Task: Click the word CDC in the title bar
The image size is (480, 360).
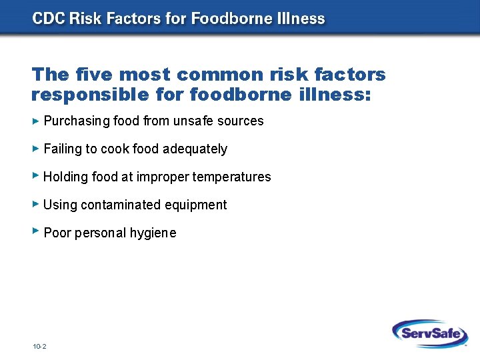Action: (48, 18)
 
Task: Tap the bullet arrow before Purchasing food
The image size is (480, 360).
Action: (36, 121)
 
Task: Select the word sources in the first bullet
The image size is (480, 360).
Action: (243, 121)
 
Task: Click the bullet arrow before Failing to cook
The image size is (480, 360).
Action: (36, 148)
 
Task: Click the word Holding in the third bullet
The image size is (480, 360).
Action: (63, 177)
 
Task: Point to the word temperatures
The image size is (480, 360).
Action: (232, 177)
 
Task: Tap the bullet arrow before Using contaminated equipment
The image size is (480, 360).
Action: (36, 204)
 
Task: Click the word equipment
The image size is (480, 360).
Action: (195, 205)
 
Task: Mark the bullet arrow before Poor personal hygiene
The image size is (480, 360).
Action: (36, 231)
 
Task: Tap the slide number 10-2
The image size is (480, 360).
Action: (39, 347)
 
